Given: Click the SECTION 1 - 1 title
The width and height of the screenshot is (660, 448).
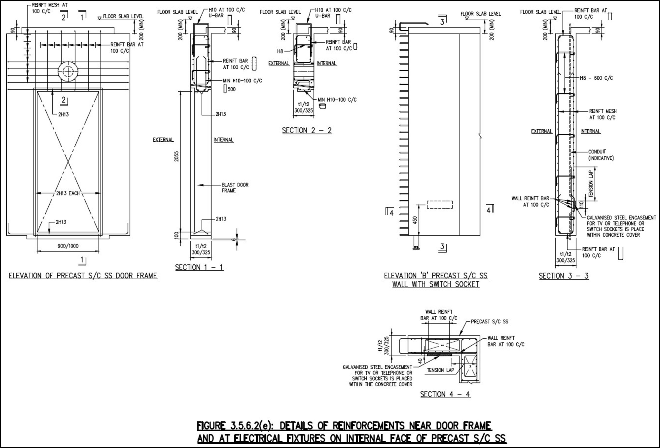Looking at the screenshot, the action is point(199,267).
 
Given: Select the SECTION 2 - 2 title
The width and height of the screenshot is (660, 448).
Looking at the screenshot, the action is point(307,130).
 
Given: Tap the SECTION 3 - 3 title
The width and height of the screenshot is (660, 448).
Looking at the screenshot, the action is point(564,276).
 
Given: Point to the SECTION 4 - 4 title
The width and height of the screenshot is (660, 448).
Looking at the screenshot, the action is point(445,394).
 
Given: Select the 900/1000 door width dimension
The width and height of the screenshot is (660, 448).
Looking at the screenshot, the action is point(68,246).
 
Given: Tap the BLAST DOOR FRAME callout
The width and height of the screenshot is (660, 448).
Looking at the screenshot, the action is point(235,188).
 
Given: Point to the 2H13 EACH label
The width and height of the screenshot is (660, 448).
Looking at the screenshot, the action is point(68,193).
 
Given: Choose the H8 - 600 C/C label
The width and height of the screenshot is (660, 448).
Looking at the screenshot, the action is point(596,78).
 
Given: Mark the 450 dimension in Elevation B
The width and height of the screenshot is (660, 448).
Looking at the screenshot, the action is point(415,220).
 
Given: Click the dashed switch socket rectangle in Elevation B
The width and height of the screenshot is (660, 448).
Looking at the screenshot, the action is point(440,205).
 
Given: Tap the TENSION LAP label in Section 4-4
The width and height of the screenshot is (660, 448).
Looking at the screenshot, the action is point(441,370).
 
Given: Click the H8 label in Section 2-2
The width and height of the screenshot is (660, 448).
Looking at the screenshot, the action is point(280,51).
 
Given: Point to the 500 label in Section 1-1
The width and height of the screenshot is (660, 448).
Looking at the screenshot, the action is point(232,89).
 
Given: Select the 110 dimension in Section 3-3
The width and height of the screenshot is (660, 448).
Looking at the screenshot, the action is point(581,205).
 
